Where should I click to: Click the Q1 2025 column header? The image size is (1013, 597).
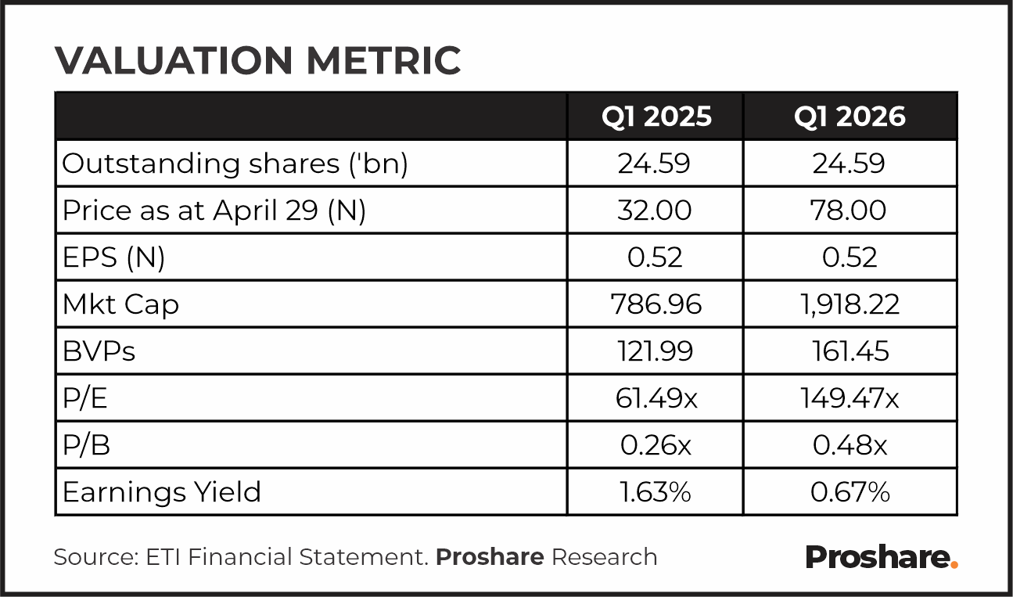point(656,117)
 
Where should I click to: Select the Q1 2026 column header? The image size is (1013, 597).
point(850,117)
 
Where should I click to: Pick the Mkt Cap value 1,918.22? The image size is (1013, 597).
point(850,304)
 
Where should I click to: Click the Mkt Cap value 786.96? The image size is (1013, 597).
point(656,304)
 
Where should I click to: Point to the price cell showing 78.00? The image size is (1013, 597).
point(848,210)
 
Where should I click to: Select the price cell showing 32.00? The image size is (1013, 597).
point(655,210)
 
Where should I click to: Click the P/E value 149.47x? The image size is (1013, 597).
point(850,398)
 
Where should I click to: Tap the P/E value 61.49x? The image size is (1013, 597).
point(656,398)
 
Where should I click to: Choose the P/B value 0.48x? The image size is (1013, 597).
point(850,445)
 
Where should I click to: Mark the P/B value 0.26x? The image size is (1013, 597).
point(656,445)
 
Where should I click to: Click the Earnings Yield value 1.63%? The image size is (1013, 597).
point(656,492)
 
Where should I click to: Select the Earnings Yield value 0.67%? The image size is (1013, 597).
point(850,492)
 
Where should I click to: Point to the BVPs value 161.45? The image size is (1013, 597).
point(850,351)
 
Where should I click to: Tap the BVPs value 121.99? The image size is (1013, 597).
point(656,351)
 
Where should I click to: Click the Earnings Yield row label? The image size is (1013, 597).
point(162,491)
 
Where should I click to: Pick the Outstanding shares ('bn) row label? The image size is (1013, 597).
point(235,164)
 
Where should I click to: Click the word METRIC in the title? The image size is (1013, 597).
point(383,60)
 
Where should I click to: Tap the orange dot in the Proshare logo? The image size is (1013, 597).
point(954,564)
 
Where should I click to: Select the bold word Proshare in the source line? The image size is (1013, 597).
point(490,557)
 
